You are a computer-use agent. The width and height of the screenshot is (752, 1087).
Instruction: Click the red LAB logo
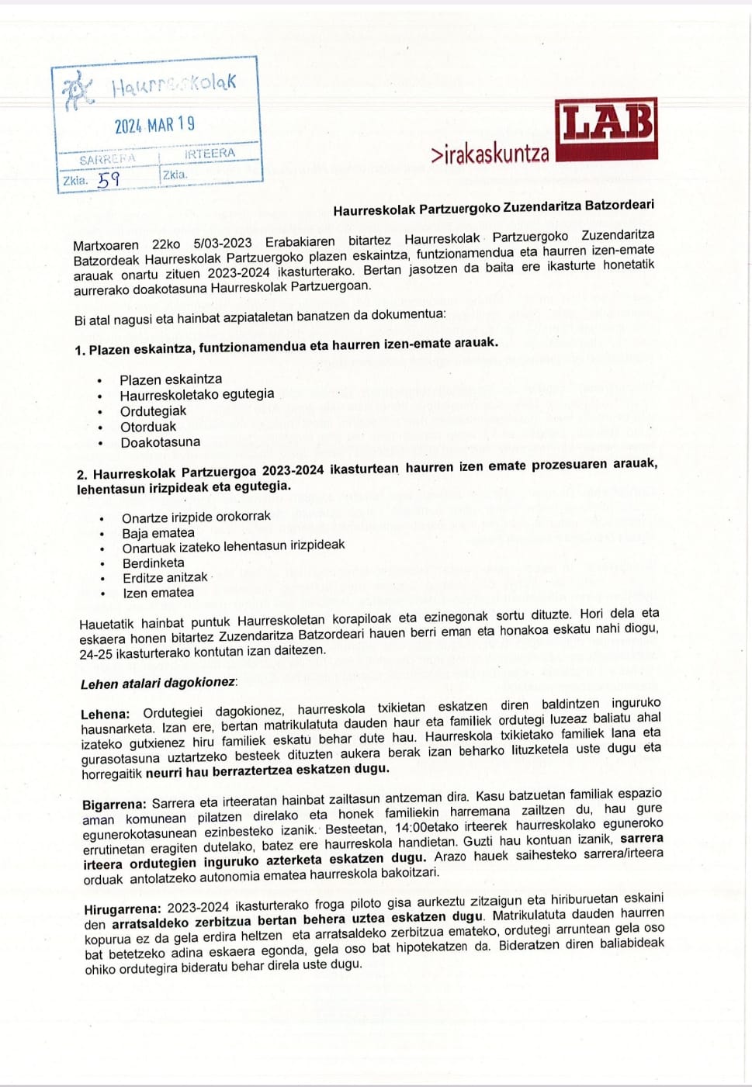pyautogui.click(x=606, y=129)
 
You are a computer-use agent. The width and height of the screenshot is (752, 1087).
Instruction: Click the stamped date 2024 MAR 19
pyautogui.click(x=154, y=125)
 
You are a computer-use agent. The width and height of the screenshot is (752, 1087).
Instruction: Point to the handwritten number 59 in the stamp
pyautogui.click(x=108, y=179)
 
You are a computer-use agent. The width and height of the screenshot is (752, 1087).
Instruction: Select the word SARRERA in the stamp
pyautogui.click(x=107, y=159)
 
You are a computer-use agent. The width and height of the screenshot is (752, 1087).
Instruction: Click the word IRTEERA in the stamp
pyautogui.click(x=209, y=154)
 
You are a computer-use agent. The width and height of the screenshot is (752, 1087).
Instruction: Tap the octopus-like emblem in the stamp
pyautogui.click(x=77, y=92)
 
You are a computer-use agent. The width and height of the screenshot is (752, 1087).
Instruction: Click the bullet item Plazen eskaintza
pyautogui.click(x=171, y=379)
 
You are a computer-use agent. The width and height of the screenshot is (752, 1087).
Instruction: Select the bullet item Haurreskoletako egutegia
pyautogui.click(x=197, y=394)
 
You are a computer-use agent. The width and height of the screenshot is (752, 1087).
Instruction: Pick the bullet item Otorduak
pyautogui.click(x=148, y=427)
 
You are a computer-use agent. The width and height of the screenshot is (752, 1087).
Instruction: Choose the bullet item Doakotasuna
pyautogui.click(x=160, y=442)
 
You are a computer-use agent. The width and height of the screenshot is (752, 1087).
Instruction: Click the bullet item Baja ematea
pyautogui.click(x=158, y=533)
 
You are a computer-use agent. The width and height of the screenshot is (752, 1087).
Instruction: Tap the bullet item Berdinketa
pyautogui.click(x=154, y=563)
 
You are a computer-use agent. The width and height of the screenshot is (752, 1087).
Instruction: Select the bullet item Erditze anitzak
pyautogui.click(x=165, y=578)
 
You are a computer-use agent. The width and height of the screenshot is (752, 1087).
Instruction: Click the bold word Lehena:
pyautogui.click(x=105, y=714)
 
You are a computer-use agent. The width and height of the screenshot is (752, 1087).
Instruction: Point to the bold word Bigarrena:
pyautogui.click(x=114, y=804)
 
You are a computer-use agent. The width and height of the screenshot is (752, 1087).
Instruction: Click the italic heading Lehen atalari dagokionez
pyautogui.click(x=158, y=684)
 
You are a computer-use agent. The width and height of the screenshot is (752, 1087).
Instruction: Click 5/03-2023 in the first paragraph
pyautogui.click(x=223, y=244)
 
